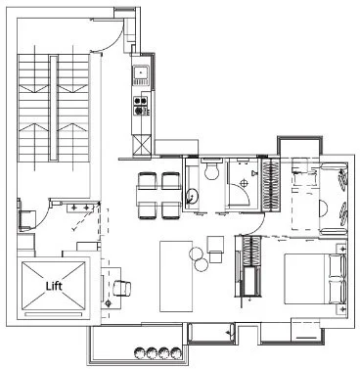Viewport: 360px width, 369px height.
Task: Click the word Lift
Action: tap(53, 288)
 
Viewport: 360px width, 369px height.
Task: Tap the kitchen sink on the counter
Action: tap(141, 72)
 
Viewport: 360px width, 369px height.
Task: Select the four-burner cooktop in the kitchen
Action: tap(141, 101)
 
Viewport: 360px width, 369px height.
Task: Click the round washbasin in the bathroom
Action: tap(192, 196)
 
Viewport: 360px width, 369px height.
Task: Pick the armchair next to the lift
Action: tap(123, 288)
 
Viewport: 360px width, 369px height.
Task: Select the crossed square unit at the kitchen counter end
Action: tap(142, 145)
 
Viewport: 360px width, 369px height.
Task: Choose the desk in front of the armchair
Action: tap(106, 283)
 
